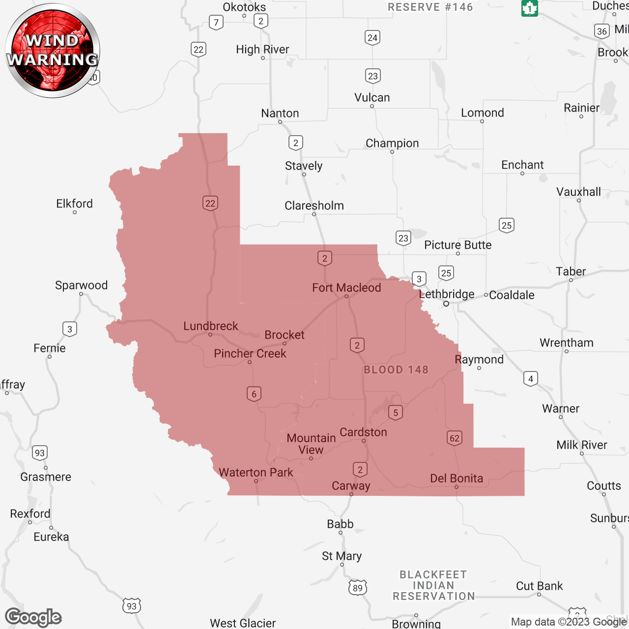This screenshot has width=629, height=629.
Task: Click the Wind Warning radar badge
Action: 53,50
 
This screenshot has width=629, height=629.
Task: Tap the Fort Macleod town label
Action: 346,287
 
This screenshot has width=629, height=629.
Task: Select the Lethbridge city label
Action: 447,294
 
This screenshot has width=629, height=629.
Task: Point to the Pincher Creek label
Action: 250,353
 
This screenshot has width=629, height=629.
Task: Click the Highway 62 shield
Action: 455,438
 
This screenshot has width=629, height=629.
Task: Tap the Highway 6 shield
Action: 254,394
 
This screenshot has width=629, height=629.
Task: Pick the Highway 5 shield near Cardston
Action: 396,412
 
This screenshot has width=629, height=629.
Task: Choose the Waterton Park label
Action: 256,472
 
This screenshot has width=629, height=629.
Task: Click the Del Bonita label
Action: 457,478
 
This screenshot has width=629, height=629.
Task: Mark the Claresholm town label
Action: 314,205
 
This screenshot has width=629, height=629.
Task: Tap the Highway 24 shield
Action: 372,37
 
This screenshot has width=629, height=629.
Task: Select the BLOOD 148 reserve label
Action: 396,370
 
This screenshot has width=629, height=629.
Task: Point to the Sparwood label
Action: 81,285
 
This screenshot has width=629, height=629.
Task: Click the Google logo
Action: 33,617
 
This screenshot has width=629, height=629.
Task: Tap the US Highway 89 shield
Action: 358,588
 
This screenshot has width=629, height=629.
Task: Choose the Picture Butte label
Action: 457,245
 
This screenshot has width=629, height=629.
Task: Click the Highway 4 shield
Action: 530,379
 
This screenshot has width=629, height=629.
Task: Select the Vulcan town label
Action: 372,97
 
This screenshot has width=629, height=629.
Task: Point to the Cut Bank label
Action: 539,586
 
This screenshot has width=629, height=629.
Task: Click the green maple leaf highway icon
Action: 530,8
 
